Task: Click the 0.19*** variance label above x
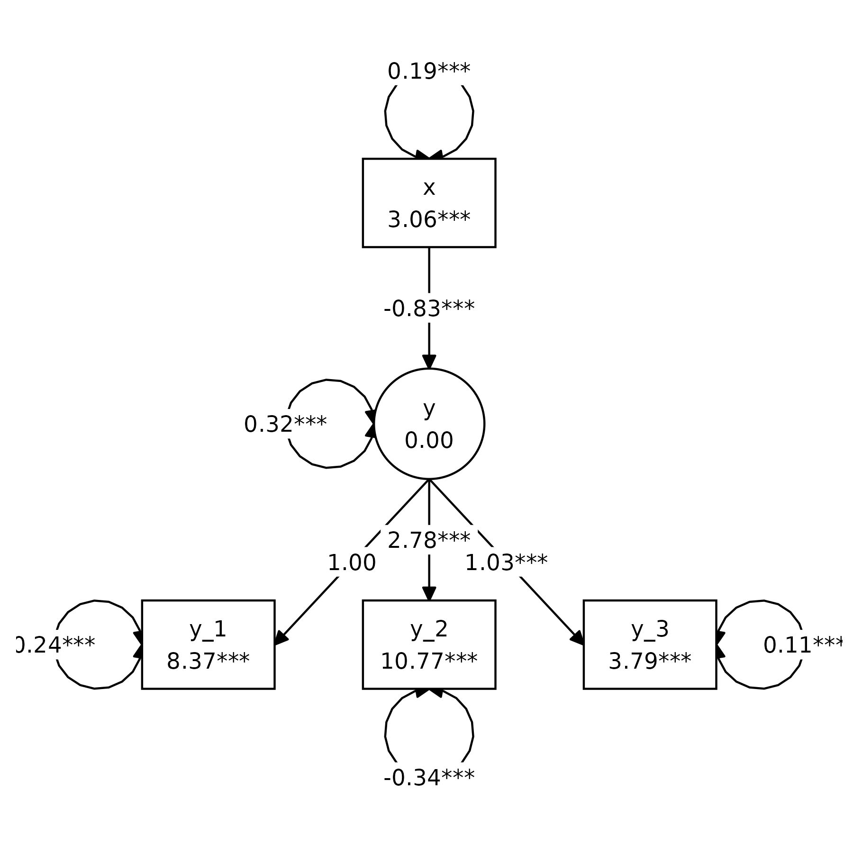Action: coord(429,71)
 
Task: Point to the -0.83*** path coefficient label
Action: coord(429,308)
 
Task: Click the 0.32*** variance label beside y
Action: coord(285,424)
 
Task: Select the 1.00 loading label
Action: coord(352,563)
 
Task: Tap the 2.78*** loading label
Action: coord(429,540)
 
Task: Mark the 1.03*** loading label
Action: coord(506,563)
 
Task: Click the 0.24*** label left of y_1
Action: coord(58,644)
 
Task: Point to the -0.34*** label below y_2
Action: coord(429,777)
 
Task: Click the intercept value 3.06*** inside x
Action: coord(429,219)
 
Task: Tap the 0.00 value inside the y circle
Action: coord(429,440)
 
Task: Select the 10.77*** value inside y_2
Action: coord(429,661)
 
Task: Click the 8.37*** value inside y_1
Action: coord(208,661)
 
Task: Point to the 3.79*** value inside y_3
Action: coord(650,661)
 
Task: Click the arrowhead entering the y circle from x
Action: coord(429,361)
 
